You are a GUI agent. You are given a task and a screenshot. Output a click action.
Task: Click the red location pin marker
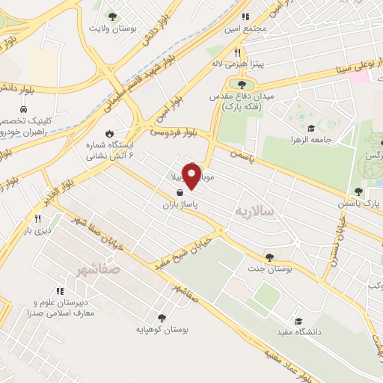pos(191,177)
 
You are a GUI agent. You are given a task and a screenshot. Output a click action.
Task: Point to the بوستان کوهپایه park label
pos(164,329)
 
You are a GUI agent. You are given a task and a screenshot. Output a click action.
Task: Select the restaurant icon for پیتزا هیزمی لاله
pos(238,52)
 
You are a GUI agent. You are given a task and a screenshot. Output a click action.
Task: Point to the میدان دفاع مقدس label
pos(242,96)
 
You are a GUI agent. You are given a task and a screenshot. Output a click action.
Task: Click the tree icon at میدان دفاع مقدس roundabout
pos(241,84)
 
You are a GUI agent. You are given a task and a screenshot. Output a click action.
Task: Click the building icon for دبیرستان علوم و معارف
pos(58,290)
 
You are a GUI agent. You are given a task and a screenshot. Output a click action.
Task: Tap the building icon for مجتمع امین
pos(245,16)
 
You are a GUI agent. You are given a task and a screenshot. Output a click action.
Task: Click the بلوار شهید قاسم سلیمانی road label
pos(120,87)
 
